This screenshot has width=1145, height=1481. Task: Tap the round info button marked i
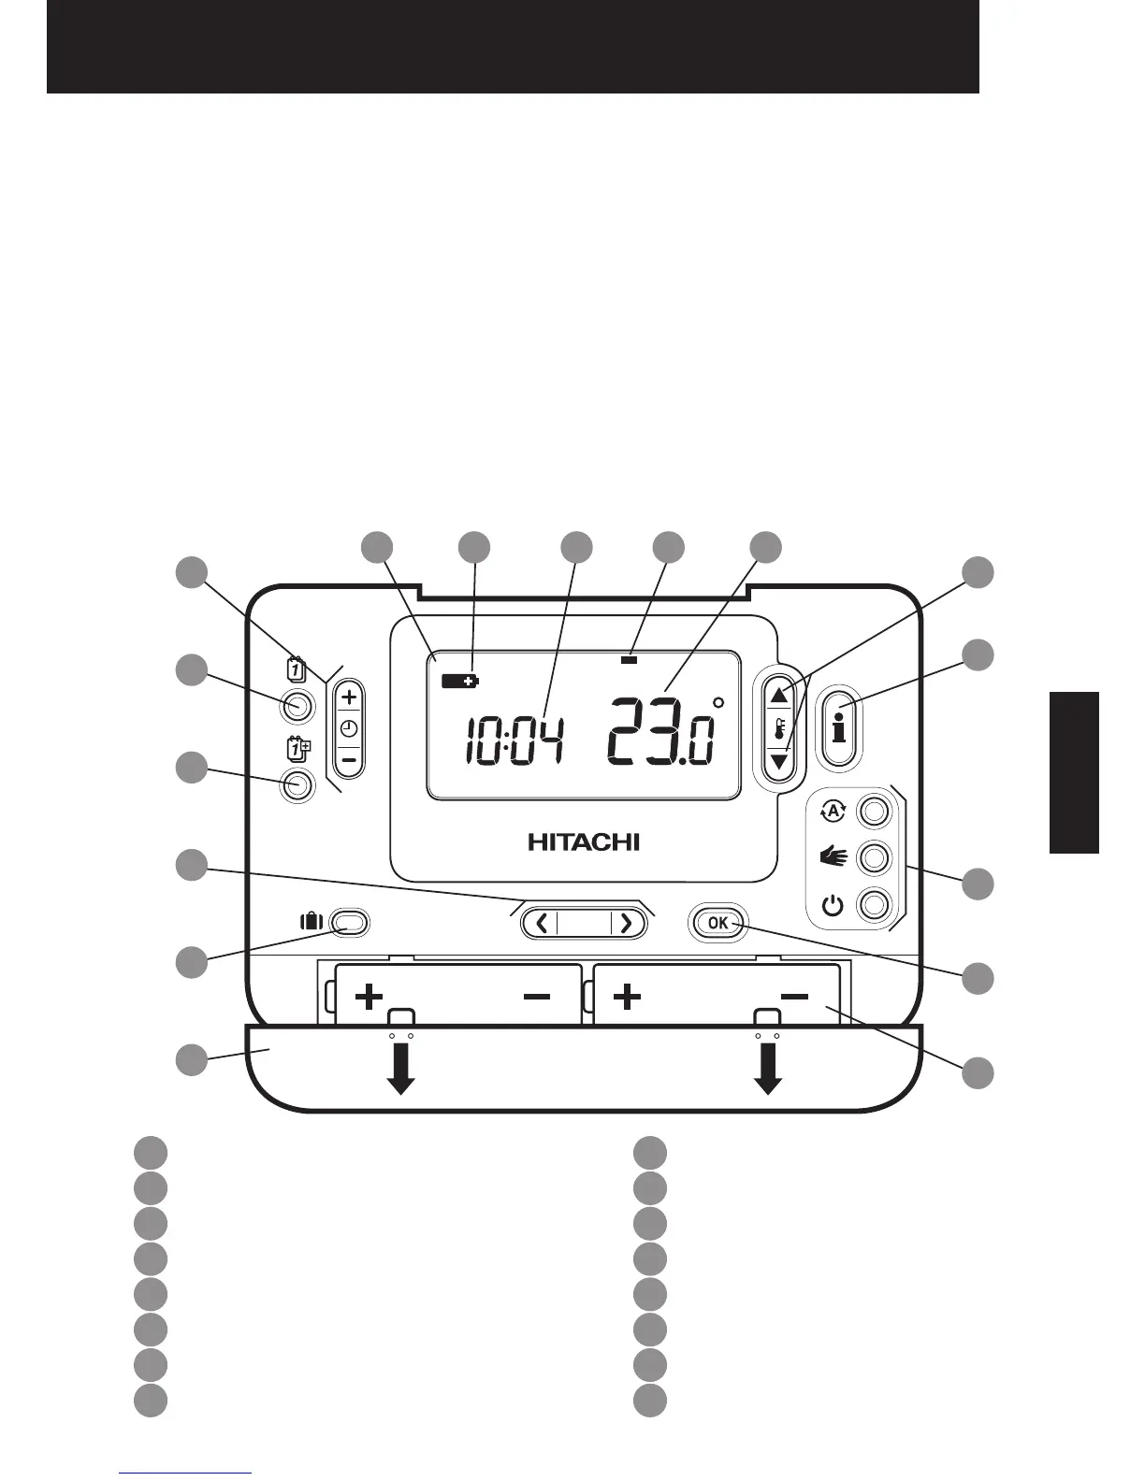(x=838, y=726)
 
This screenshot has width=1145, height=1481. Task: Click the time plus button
(x=348, y=697)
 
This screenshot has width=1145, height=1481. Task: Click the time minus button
(x=348, y=760)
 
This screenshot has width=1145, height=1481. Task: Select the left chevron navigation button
(x=542, y=924)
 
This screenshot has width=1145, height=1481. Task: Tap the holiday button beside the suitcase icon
(x=349, y=923)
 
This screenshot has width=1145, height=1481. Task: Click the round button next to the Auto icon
(x=873, y=811)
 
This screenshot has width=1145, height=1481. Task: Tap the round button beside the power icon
(x=873, y=905)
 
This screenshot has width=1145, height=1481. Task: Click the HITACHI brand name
(x=584, y=841)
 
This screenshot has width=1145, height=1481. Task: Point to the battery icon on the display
(x=458, y=681)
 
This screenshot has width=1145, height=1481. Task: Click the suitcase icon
(x=311, y=921)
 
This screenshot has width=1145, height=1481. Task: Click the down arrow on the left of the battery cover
(x=401, y=1068)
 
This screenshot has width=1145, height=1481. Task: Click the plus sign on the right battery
(x=627, y=997)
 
